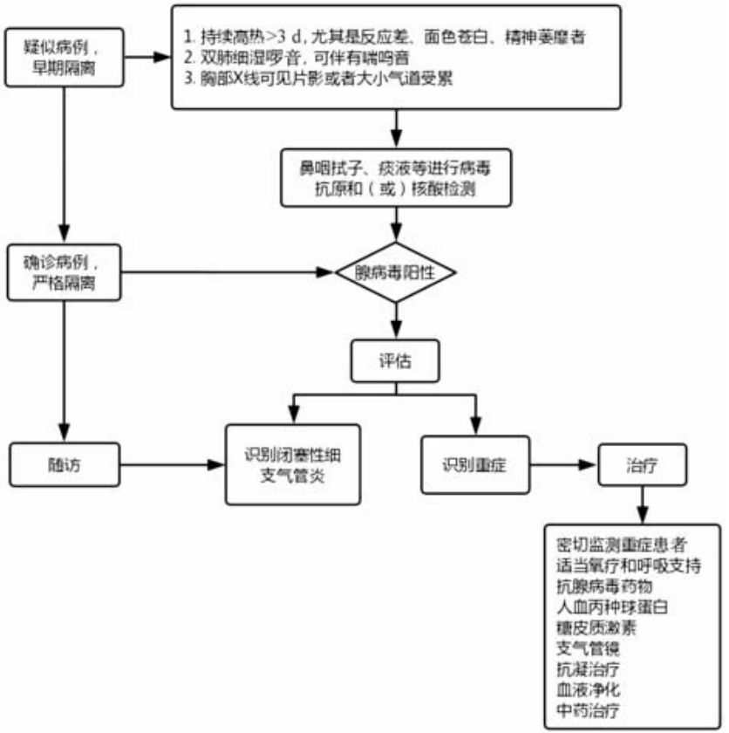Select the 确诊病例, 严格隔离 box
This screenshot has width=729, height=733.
[62, 271]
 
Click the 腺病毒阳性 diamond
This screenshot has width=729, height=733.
[396, 272]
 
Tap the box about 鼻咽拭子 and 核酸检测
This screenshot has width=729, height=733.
[396, 177]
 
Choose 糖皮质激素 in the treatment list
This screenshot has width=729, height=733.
[596, 627]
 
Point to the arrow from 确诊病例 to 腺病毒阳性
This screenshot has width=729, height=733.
[227, 272]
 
